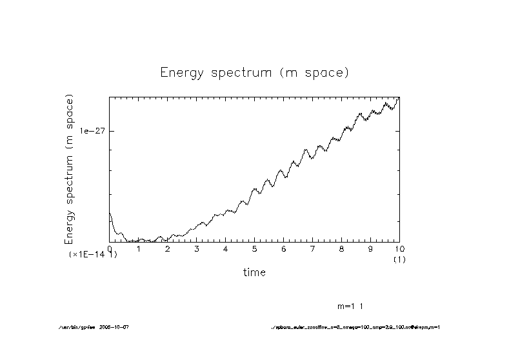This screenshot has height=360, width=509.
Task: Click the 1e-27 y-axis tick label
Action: [92, 131]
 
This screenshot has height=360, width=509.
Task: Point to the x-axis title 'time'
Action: [254, 272]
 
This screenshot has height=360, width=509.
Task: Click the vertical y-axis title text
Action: [69, 169]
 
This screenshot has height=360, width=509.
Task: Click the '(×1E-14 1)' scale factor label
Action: [93, 255]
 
